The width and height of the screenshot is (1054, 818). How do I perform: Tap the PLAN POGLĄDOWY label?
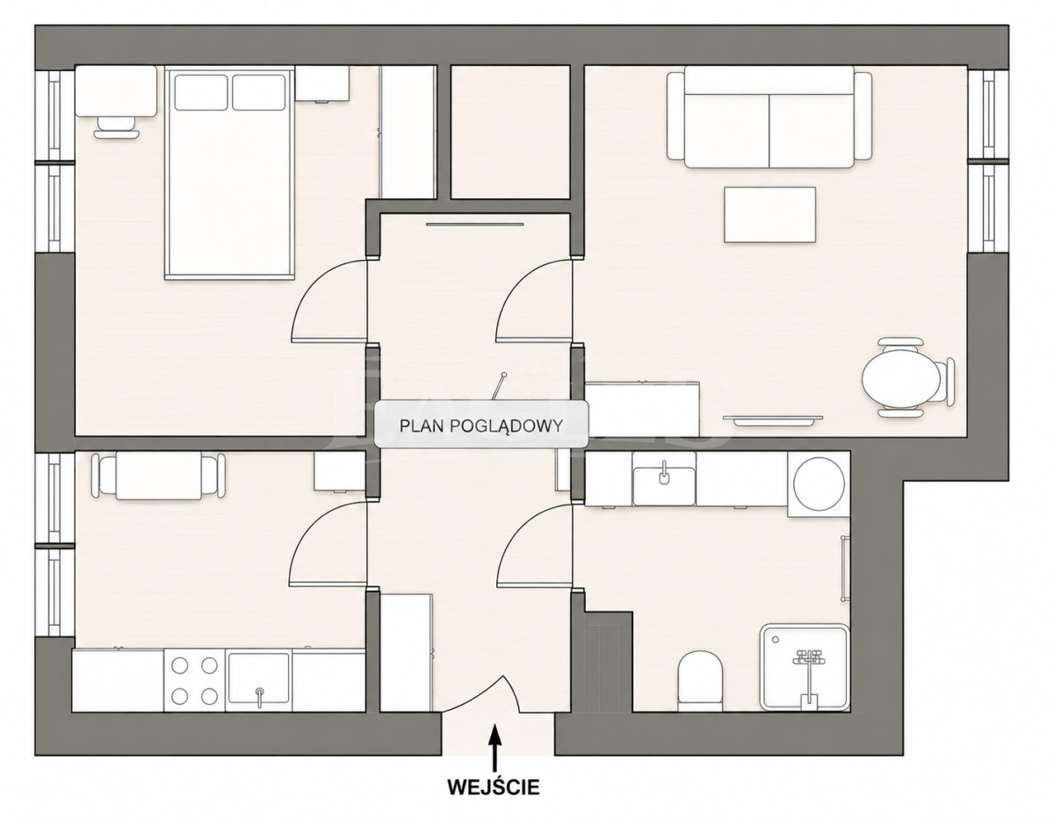click(480, 426)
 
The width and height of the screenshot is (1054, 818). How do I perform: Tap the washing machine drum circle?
click(819, 483)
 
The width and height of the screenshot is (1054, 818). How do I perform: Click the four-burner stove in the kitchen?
click(194, 681)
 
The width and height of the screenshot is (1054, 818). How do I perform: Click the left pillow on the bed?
click(201, 92)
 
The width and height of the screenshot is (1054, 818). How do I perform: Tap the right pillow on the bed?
click(258, 92)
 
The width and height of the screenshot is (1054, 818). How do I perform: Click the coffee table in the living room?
click(769, 215)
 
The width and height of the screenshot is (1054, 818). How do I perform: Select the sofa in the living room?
click(769, 118)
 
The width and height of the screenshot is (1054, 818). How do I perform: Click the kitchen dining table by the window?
click(159, 476)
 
